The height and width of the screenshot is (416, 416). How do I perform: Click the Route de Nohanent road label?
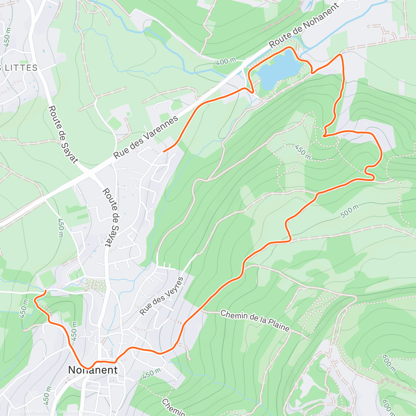point(304,26)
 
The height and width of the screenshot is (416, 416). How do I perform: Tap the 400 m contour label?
point(226,62)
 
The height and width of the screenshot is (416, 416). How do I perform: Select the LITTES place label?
point(20,68)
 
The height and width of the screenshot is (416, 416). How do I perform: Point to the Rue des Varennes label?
point(146,137)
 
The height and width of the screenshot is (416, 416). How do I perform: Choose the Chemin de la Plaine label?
point(255,321)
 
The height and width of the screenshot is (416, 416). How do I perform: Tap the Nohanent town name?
point(93,370)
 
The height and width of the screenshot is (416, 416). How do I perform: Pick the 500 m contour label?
point(349,211)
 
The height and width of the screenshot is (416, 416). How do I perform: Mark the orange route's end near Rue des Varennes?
point(164,151)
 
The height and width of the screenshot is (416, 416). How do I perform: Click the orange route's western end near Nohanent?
point(46,291)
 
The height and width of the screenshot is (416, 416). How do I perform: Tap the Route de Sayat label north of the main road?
point(63,134)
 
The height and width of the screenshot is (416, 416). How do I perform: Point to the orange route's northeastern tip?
point(341,54)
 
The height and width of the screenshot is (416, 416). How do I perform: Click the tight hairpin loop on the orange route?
point(369,172)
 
